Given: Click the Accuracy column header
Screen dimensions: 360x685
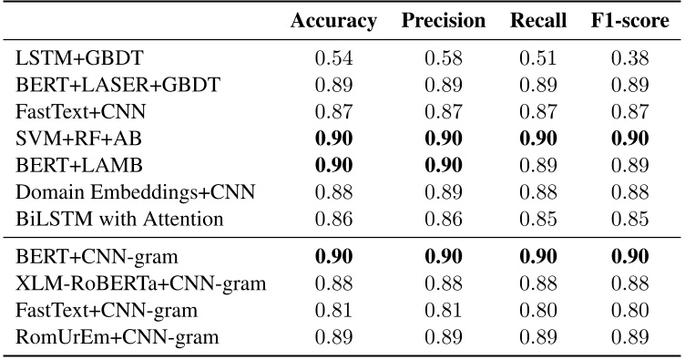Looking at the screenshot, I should (333, 21).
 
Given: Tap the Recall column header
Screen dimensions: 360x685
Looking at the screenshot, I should (538, 21).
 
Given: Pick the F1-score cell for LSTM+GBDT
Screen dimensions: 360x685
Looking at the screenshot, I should (629, 59).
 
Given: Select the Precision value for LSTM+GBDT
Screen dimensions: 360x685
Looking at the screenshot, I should (443, 59).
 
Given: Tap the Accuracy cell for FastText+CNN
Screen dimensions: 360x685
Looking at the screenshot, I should (333, 112).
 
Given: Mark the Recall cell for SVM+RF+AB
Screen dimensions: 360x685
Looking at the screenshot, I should (538, 139).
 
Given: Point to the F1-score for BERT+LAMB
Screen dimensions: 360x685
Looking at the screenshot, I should (629, 165).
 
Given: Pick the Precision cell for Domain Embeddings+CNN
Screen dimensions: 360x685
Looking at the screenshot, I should (443, 191).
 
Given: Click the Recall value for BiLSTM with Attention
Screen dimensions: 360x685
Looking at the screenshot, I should (538, 218).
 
